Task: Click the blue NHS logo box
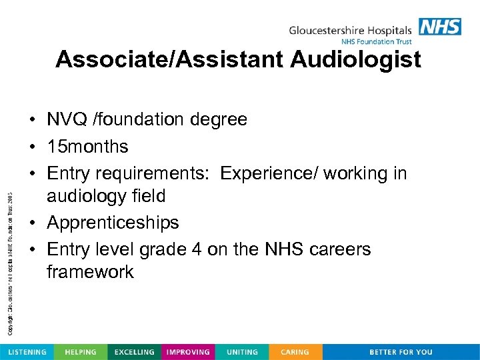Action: click(440, 27)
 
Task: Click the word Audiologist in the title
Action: click(356, 60)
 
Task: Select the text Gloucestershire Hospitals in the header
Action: click(351, 30)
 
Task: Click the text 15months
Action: click(87, 146)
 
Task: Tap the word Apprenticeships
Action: click(113, 222)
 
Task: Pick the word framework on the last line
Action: click(90, 272)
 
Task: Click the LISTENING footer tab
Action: click(27, 352)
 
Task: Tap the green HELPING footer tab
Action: click(80, 352)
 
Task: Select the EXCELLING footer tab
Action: click(134, 352)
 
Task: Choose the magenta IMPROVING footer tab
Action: click(188, 352)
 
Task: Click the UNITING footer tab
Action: click(241, 352)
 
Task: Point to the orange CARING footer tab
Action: click(295, 352)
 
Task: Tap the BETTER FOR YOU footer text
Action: click(401, 352)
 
